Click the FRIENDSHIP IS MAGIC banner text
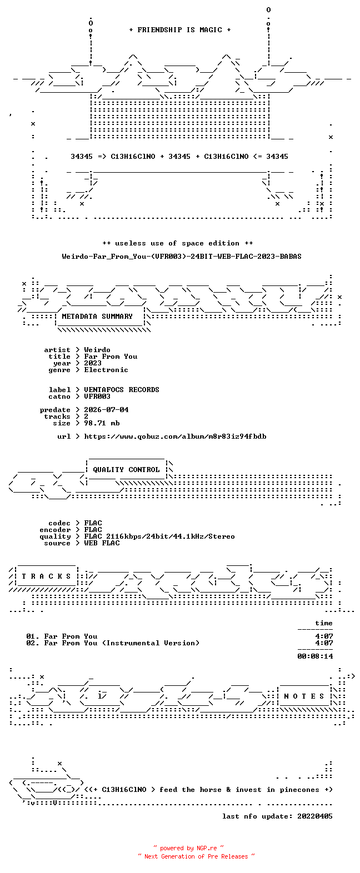point(180,29)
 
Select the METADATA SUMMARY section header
point(97,317)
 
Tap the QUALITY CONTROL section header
point(126,470)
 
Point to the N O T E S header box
point(304,696)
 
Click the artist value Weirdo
point(97,350)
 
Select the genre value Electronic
point(106,369)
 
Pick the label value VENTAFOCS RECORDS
point(122,389)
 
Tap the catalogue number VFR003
point(97,396)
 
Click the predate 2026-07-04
point(106,409)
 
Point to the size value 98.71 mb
point(102,423)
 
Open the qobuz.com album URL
point(175,436)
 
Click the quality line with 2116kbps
point(159,536)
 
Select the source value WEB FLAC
point(102,543)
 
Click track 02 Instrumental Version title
point(122,643)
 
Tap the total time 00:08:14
point(315,656)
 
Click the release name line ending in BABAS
point(182,256)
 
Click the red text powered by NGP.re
point(188,847)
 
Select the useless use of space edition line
point(177,243)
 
